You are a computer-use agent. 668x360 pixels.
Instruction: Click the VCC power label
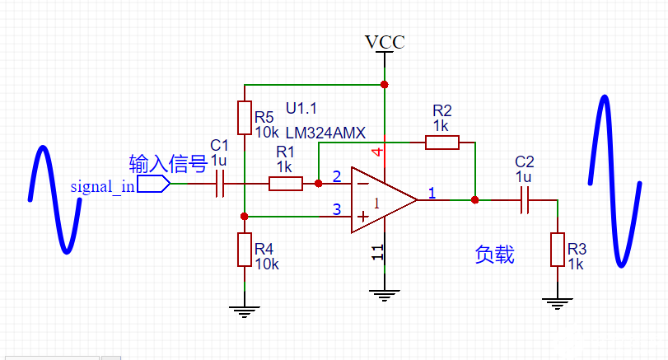[385, 42]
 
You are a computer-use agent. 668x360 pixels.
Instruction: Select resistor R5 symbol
[245, 118]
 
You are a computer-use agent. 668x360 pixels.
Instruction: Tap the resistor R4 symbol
[245, 249]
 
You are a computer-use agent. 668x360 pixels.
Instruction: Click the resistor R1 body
[286, 184]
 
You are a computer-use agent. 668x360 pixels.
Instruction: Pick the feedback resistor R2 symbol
[442, 143]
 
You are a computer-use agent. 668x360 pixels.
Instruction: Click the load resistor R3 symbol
[558, 250]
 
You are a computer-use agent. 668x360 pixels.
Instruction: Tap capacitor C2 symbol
[525, 199]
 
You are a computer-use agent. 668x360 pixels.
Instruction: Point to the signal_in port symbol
[154, 184]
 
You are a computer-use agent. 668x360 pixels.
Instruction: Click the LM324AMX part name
[325, 133]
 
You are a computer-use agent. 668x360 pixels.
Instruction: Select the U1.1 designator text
[301, 109]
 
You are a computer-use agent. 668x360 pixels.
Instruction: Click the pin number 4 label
[376, 153]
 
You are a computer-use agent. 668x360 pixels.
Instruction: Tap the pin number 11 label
[376, 253]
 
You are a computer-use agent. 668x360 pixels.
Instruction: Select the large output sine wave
[615, 181]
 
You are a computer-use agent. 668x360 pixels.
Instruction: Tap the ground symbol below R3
[558, 302]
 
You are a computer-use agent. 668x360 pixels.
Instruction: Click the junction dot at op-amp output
[474, 199]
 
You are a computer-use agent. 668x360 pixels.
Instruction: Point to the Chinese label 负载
[495, 255]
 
